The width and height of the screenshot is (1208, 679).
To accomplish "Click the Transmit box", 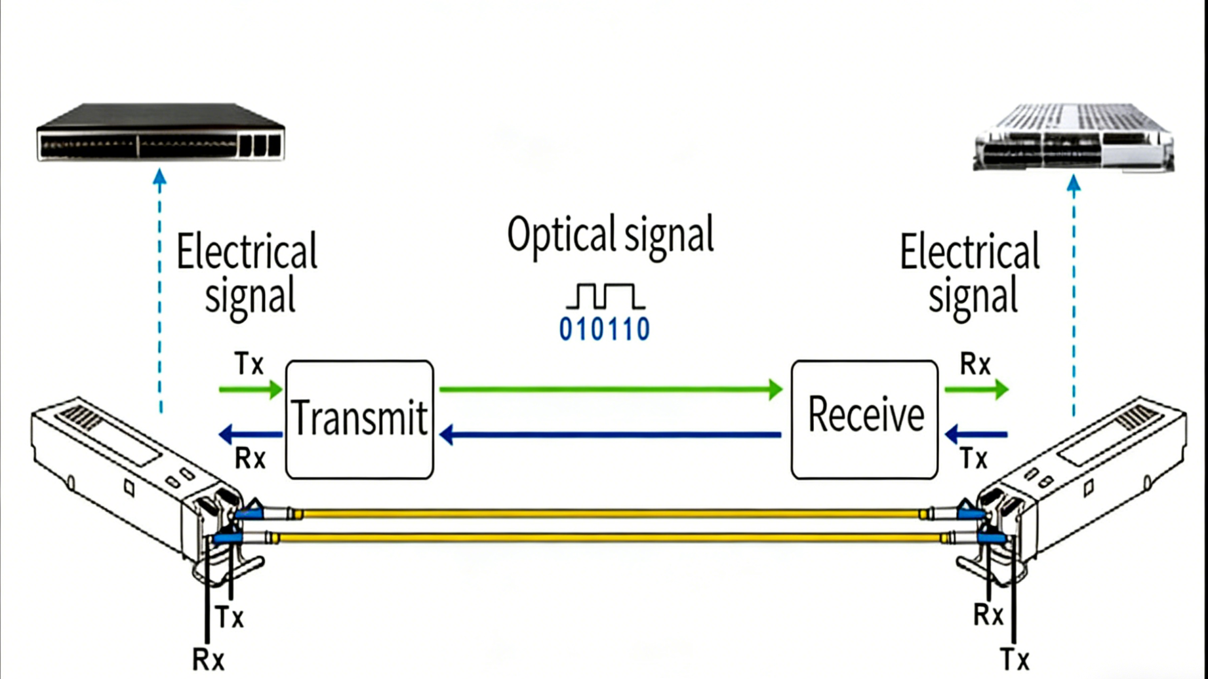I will pyautogui.click(x=359, y=419).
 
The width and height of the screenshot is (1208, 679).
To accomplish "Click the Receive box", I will pyautogui.click(x=864, y=419).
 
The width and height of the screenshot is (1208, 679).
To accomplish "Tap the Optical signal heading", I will pyautogui.click(x=610, y=235).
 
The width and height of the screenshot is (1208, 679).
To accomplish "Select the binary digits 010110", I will pyautogui.click(x=604, y=329).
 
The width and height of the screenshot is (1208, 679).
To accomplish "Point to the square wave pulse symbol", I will pyautogui.click(x=605, y=296).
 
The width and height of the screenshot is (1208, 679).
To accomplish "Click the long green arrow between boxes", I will pyautogui.click(x=610, y=389).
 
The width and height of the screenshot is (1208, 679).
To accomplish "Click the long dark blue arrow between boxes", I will pyautogui.click(x=610, y=435).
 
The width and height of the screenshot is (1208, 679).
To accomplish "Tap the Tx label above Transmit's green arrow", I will pyautogui.click(x=249, y=364).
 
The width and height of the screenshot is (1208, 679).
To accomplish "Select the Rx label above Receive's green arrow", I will pyautogui.click(x=975, y=364).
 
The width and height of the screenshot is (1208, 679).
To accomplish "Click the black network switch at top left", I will pyautogui.click(x=161, y=133).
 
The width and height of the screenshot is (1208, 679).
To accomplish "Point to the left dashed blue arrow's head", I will pyautogui.click(x=159, y=177).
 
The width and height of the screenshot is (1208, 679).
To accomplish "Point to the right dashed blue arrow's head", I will pyautogui.click(x=1074, y=183).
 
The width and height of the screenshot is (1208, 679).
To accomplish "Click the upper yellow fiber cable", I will pyautogui.click(x=610, y=514).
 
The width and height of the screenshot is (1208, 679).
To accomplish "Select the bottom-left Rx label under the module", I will pyautogui.click(x=209, y=659).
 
